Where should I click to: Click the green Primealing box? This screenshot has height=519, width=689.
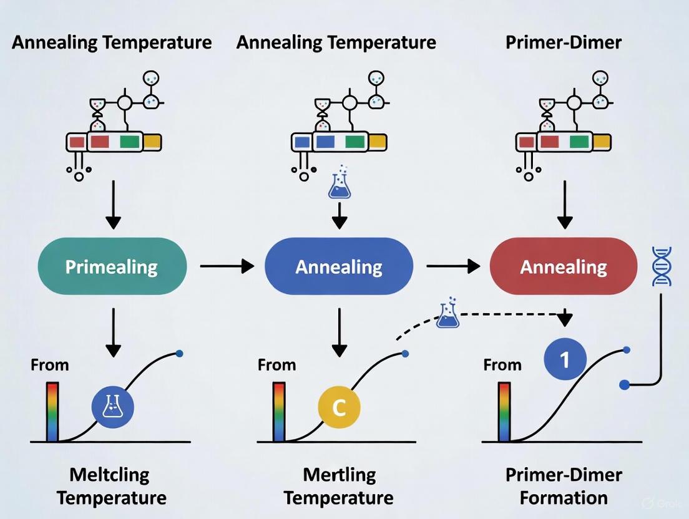(112, 267)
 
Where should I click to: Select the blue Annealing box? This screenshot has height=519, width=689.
(339, 267)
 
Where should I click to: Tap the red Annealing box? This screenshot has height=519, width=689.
(564, 267)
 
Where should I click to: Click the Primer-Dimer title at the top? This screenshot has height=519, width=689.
(564, 42)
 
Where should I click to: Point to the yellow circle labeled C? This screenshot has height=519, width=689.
(339, 407)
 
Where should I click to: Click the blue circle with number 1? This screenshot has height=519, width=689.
(565, 359)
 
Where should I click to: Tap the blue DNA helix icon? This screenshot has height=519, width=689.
(661, 266)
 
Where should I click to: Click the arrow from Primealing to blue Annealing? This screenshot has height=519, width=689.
(227, 267)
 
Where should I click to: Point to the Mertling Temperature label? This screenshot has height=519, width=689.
(339, 487)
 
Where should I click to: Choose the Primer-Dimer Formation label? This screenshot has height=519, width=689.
(564, 487)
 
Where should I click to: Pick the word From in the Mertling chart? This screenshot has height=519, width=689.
(276, 364)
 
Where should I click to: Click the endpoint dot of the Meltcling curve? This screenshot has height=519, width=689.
(180, 354)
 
